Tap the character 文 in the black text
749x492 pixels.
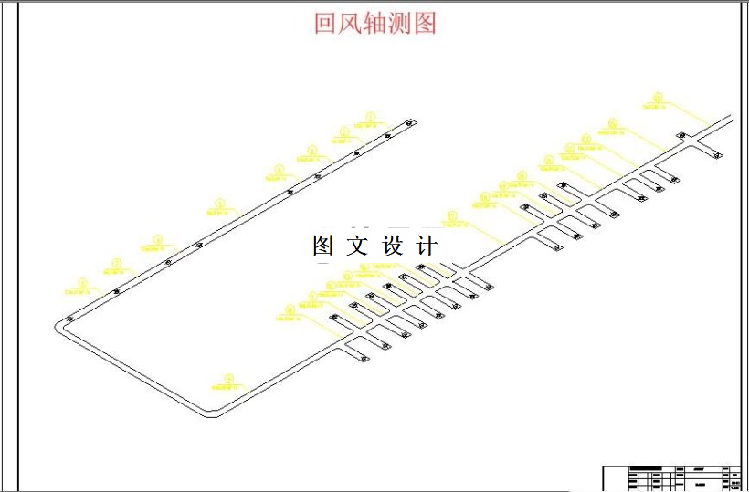click(x=357, y=246)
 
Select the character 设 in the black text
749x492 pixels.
click(x=392, y=246)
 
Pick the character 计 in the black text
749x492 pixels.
click(x=427, y=246)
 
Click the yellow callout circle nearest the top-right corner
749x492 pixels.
click(x=658, y=95)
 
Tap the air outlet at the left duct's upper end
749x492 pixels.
click(x=410, y=123)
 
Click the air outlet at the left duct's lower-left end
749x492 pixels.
click(x=70, y=319)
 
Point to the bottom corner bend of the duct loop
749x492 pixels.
click(x=213, y=414)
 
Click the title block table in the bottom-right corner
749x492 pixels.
click(x=671, y=477)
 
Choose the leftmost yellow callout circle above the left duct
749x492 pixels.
click(x=82, y=282)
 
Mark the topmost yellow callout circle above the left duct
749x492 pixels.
click(x=370, y=116)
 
